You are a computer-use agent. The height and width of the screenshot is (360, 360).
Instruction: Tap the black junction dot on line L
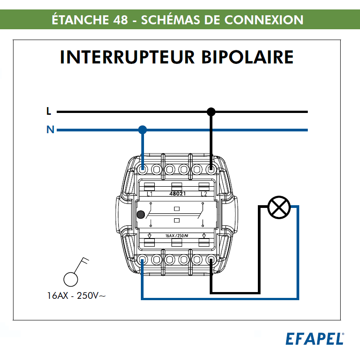(211, 112)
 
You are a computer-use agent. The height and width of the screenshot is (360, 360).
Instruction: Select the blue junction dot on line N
(143, 130)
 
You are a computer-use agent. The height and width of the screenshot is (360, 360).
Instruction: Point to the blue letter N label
(50, 130)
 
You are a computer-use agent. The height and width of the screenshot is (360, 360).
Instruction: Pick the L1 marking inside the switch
(150, 194)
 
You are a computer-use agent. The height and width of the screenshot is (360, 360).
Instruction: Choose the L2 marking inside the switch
(203, 194)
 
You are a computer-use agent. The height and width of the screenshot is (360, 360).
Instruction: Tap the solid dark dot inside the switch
(141, 215)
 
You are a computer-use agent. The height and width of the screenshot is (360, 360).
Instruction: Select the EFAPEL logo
(315, 339)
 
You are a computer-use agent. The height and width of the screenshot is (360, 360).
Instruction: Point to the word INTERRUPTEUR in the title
(121, 58)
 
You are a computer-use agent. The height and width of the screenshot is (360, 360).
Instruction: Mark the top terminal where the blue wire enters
(143, 170)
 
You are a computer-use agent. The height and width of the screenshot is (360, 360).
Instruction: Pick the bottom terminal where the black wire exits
(211, 260)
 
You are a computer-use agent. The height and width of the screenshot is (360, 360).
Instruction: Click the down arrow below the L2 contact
(203, 235)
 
